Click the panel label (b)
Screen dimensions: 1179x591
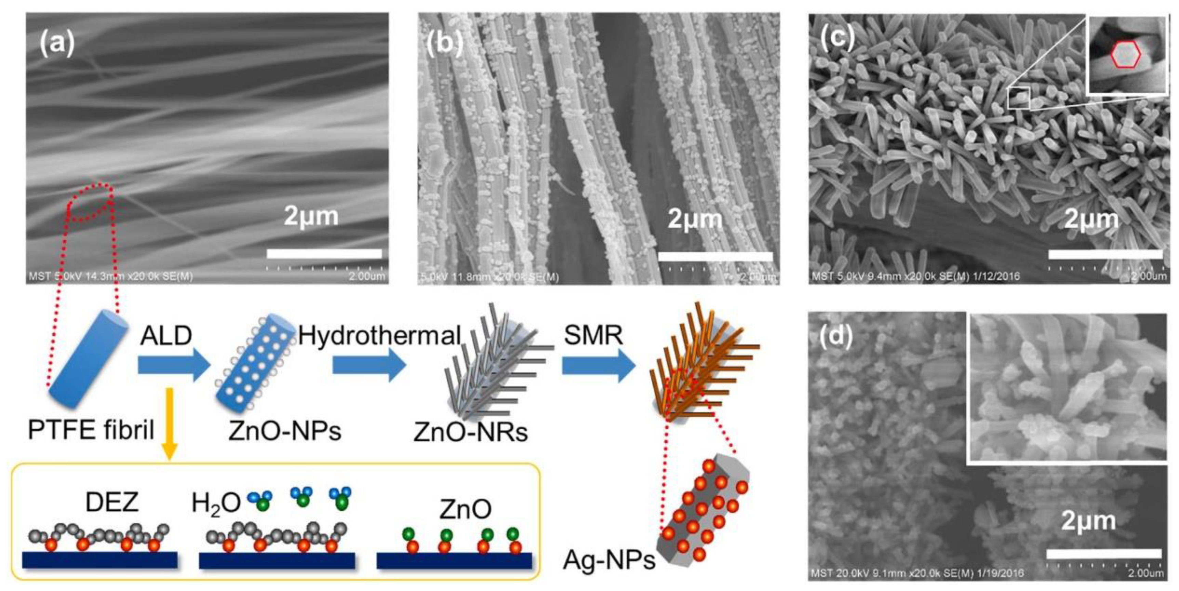(x=444, y=44)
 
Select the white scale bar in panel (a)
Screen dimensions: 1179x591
(x=324, y=254)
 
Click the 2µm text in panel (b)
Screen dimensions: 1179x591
(x=695, y=219)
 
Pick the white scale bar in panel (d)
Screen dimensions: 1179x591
(x=1103, y=554)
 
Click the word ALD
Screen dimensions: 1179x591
(x=166, y=336)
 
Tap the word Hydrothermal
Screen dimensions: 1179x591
(x=379, y=336)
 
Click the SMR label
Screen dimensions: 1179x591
(x=593, y=336)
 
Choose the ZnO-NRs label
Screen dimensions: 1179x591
(x=470, y=432)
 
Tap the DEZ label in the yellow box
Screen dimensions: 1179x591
(x=112, y=502)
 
